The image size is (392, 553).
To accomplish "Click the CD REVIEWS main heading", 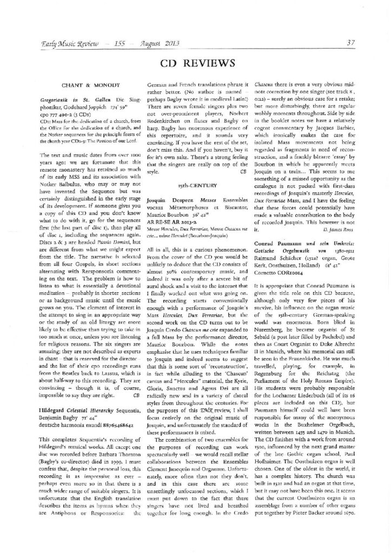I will pos(196,64).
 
